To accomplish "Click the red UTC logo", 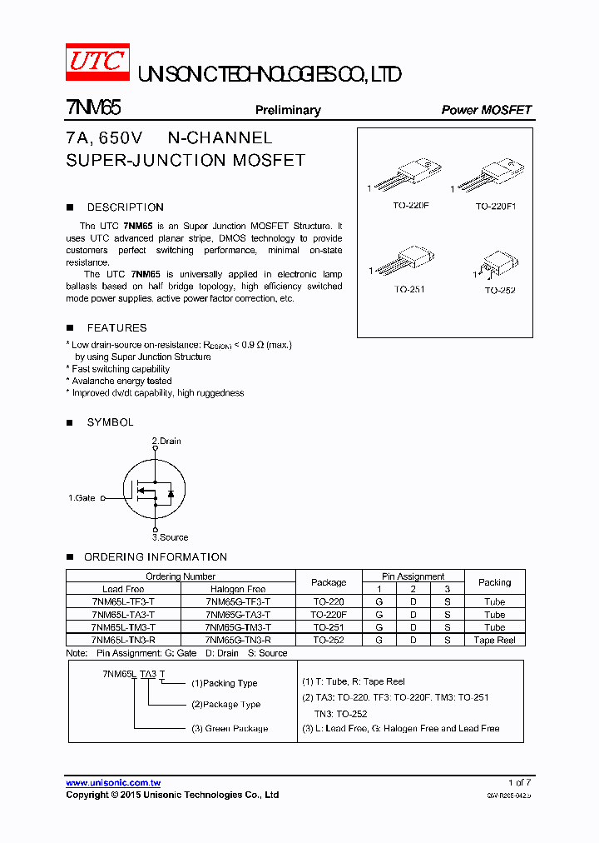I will [97, 62].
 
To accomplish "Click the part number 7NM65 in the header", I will [94, 109].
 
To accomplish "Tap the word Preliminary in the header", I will [288, 110].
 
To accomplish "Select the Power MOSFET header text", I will [486, 110].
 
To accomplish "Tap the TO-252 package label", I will [500, 290].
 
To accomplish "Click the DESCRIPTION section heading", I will [125, 207].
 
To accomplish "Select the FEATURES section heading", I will [116, 328].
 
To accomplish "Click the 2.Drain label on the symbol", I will [166, 441].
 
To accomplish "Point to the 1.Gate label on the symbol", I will [82, 498].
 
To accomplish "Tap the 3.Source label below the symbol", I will [170, 537].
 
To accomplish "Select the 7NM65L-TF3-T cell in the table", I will [124, 601].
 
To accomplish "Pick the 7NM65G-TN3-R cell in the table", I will [238, 640].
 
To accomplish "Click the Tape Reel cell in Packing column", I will [495, 640].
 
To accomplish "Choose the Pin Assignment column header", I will [413, 576].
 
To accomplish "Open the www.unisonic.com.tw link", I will [113, 783].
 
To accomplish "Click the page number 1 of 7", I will [519, 783].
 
